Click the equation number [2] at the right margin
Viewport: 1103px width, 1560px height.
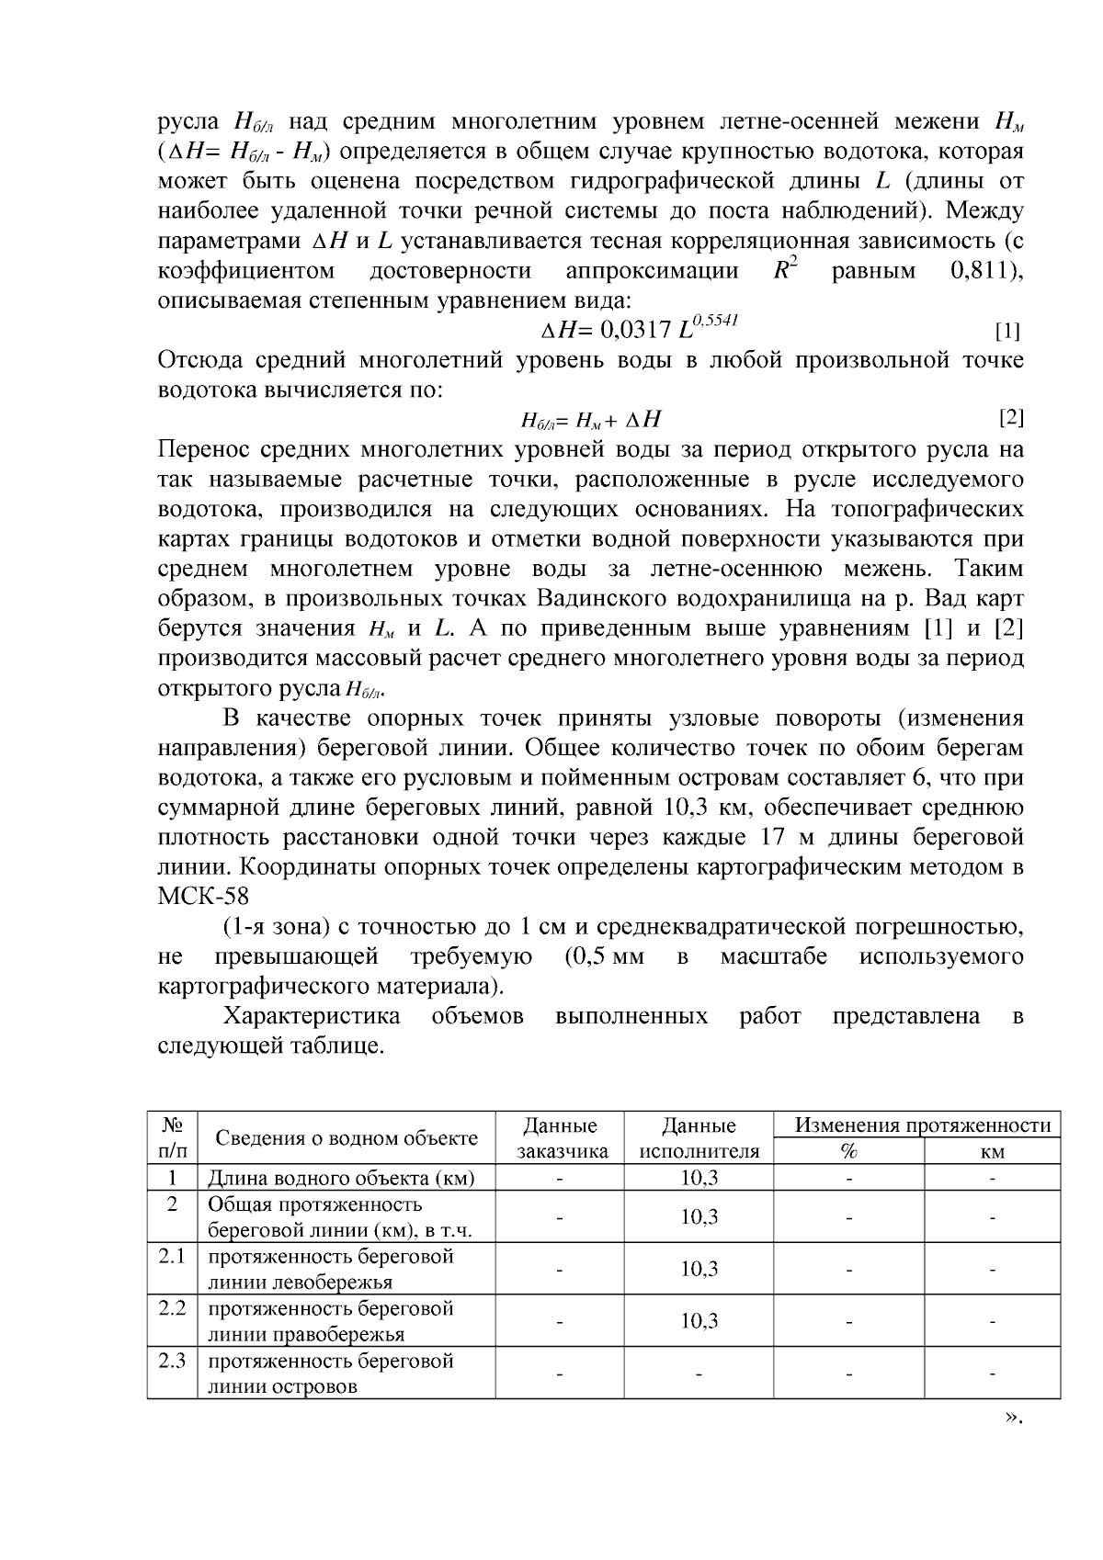pyautogui.click(x=1010, y=419)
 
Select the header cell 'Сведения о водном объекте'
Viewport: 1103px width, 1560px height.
pyautogui.click(x=347, y=1138)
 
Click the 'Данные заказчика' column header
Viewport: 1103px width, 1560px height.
pyautogui.click(x=560, y=1138)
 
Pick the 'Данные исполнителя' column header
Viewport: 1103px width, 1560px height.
pyautogui.click(x=699, y=1138)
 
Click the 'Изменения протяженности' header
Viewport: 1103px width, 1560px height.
pyautogui.click(x=922, y=1125)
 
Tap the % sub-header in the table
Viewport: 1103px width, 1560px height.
pyautogui.click(x=849, y=1152)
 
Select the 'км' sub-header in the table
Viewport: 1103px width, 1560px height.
pyautogui.click(x=992, y=1152)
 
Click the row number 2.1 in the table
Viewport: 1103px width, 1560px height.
pyautogui.click(x=172, y=1256)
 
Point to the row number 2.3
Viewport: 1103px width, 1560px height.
pyautogui.click(x=172, y=1361)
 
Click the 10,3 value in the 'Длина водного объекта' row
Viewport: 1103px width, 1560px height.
pyautogui.click(x=699, y=1178)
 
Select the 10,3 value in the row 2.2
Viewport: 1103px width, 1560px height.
pyautogui.click(x=699, y=1321)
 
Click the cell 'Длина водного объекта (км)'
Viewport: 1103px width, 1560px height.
pyautogui.click(x=340, y=1178)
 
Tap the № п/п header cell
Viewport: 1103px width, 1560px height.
pyautogui.click(x=172, y=1138)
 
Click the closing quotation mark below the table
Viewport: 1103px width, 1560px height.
pyautogui.click(x=1012, y=1443)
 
